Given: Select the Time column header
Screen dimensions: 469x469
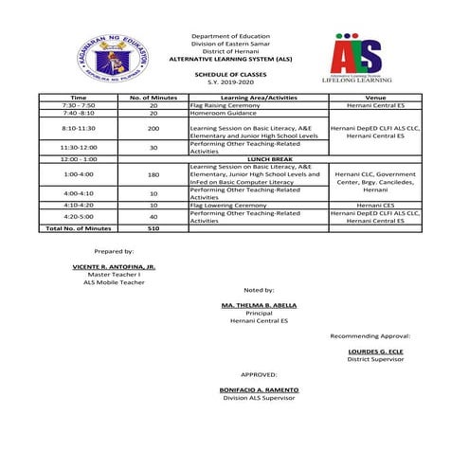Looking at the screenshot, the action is (79, 98).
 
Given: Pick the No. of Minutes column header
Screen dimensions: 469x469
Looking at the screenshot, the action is (153, 98).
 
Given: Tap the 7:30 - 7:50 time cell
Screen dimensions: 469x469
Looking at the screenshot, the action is (79, 105).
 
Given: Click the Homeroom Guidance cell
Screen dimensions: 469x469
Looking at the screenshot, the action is (220, 113).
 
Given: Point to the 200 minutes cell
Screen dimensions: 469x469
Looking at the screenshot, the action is (153, 128).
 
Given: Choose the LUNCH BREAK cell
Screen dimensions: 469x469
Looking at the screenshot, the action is (258, 159).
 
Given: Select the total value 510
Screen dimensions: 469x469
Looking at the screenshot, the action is (153, 228).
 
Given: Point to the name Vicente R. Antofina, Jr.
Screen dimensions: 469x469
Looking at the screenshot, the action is (114, 268).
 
